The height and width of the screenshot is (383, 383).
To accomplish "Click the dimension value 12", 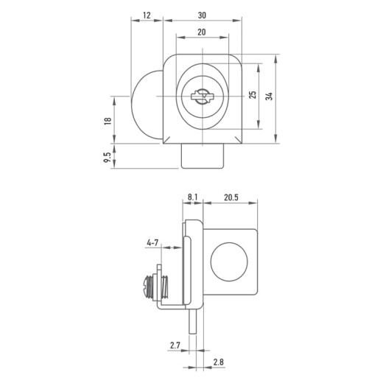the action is point(147,15).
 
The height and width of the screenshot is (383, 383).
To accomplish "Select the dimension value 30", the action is point(202,15).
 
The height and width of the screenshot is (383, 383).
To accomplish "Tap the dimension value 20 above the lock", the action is point(202,32).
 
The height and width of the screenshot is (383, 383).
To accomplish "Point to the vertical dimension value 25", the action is point(253,95).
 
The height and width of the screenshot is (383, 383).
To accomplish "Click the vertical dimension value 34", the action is point(270,96).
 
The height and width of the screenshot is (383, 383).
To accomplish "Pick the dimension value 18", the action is point(108,121).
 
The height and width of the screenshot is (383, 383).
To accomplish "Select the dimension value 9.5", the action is point(108,157).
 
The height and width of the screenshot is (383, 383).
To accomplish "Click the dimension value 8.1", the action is point(192,197).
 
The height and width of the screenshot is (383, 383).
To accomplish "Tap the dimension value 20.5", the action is point(231,197).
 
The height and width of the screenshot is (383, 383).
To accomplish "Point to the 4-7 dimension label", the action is point(152,243).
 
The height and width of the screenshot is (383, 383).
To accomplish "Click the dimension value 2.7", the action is point(175,345).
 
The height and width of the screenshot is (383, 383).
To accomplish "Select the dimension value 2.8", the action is point(218,362).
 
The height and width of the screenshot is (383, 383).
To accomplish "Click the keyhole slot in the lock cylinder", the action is point(202,96).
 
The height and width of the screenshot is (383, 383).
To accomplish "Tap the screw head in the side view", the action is point(147,287).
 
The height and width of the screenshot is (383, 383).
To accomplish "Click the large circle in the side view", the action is point(229,261).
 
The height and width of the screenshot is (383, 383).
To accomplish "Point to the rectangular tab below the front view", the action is point(203,156).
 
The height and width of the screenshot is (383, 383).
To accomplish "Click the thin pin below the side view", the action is point(192,321).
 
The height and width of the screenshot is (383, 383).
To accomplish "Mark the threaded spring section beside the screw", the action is point(165,287).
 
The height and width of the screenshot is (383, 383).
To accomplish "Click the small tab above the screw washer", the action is point(159,269).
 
